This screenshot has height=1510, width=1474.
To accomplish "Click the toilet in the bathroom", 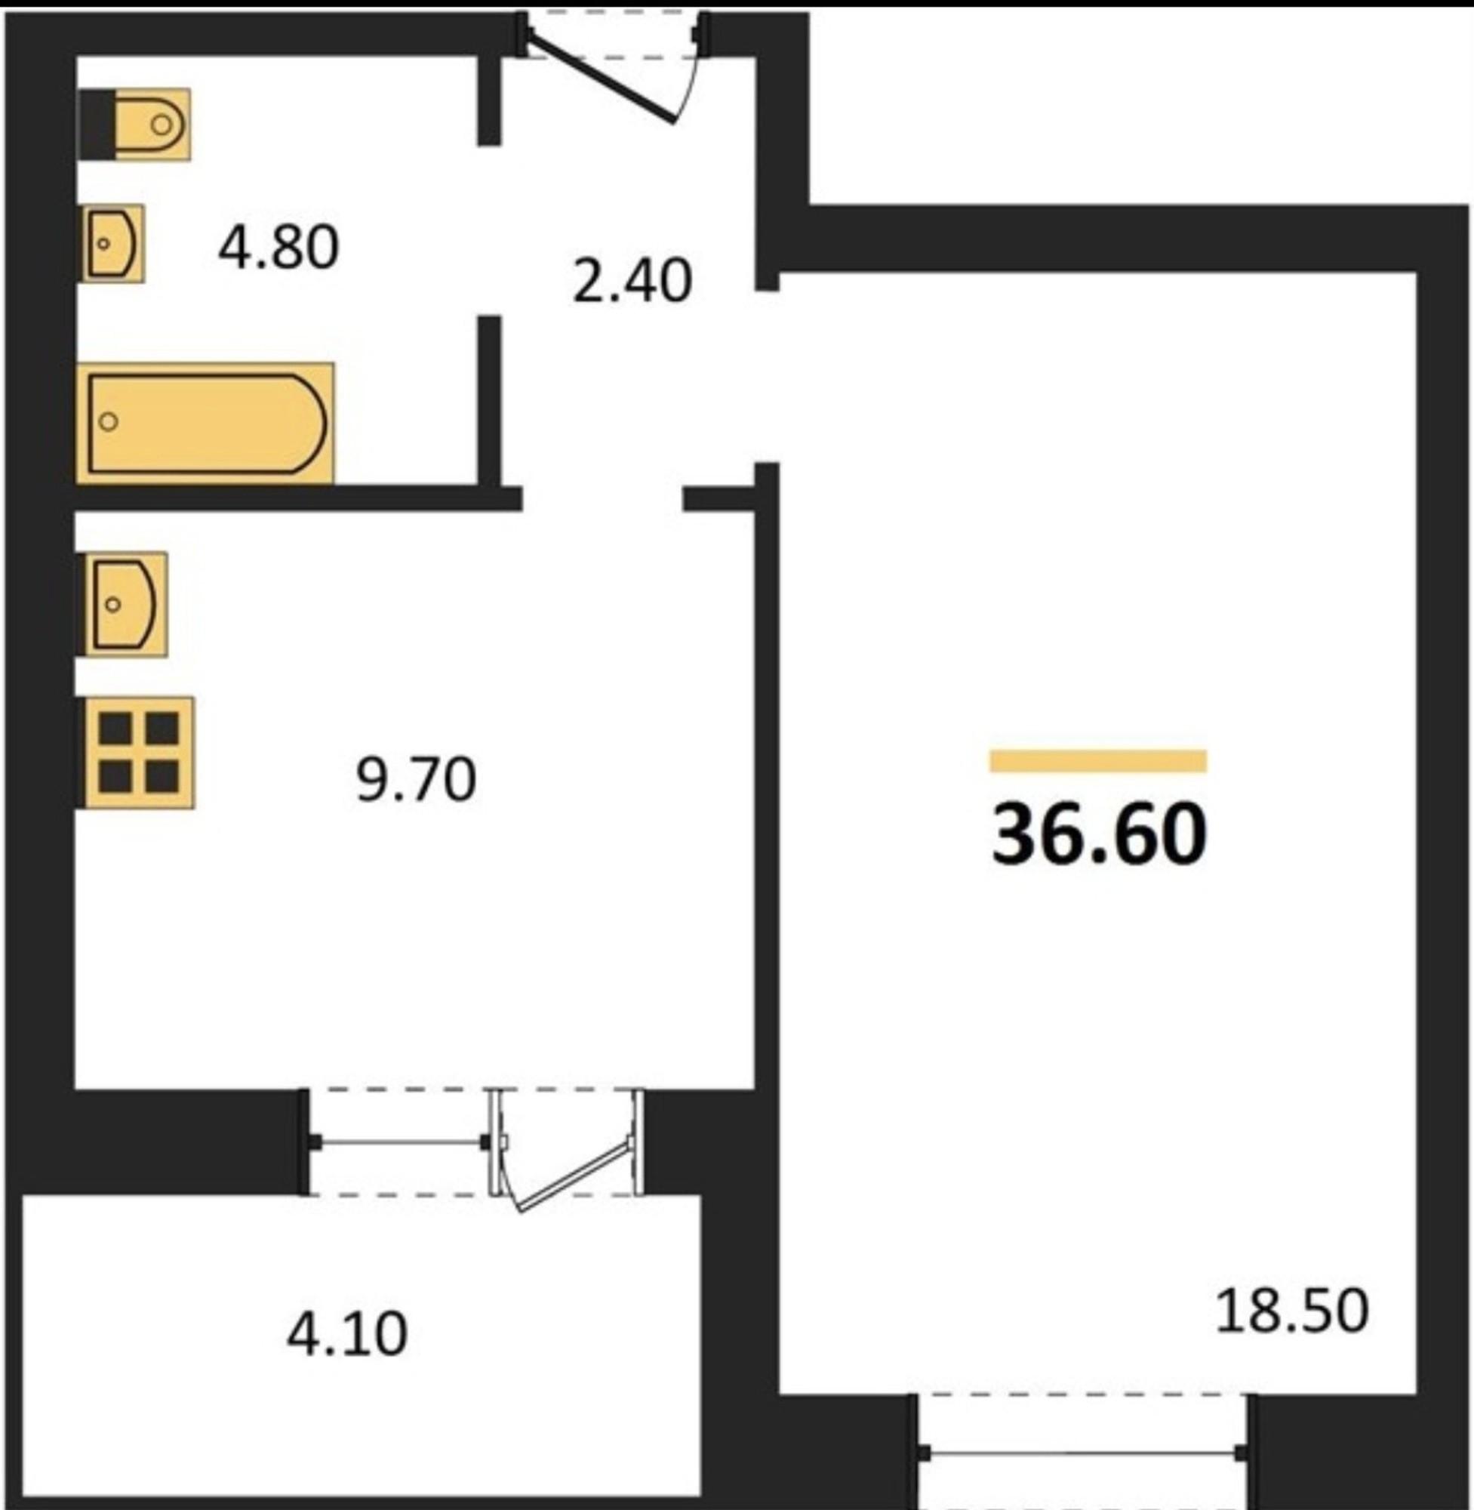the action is pos(136,125).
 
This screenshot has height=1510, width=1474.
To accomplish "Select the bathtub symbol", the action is pos(206,423).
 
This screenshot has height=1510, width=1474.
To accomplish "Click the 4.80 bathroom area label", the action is pos(278,248).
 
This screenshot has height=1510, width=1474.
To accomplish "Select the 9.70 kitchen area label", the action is pos(416,780).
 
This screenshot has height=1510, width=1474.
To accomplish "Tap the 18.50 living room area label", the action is pos(1292,1311).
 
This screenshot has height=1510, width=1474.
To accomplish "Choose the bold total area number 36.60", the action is pos(1100,834).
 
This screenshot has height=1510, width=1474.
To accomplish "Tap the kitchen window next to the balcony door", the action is pos(399,1142).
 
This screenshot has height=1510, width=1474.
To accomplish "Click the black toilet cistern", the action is pos(97,125).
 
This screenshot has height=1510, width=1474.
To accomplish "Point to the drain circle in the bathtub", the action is pos(109,422).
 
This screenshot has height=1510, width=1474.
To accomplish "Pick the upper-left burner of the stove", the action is pos(116,729).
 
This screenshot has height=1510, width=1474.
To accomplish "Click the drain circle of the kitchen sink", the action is pos(113,604).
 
